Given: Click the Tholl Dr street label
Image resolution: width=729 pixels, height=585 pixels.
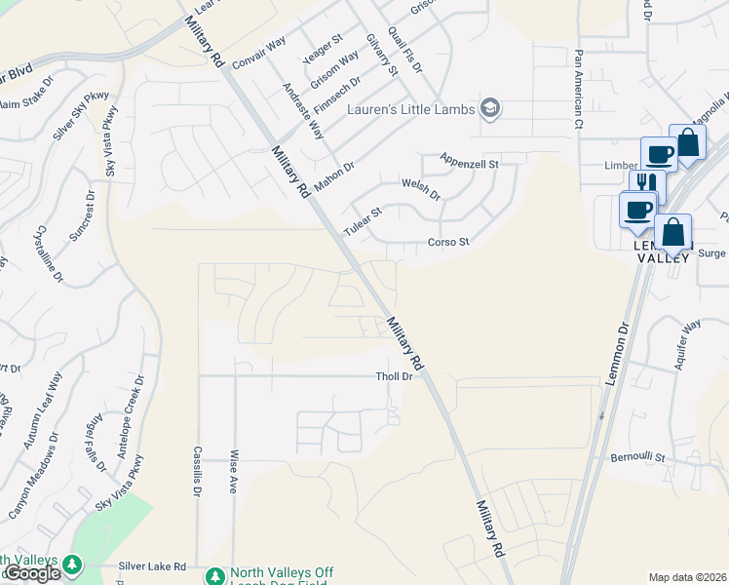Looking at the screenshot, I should pyautogui.click(x=396, y=377).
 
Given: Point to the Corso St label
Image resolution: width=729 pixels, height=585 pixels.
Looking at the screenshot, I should pyautogui.click(x=448, y=242).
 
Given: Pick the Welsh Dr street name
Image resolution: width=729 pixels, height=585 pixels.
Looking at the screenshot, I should pyautogui.click(x=421, y=188).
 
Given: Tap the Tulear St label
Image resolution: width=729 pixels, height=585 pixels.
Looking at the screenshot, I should pyautogui.click(x=364, y=220).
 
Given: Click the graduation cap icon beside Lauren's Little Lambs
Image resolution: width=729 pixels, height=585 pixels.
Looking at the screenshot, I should pyautogui.click(x=491, y=108).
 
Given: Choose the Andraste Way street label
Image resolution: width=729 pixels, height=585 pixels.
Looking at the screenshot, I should pyautogui.click(x=302, y=110).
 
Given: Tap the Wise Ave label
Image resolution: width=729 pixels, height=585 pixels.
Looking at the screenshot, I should pyautogui.click(x=234, y=472).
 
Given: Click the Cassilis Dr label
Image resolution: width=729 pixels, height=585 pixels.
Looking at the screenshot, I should pyautogui.click(x=197, y=469).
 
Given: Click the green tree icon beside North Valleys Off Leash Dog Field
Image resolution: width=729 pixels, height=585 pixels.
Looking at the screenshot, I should pyautogui.click(x=214, y=577).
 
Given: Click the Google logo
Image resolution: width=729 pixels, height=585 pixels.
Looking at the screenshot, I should pyautogui.click(x=31, y=573).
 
